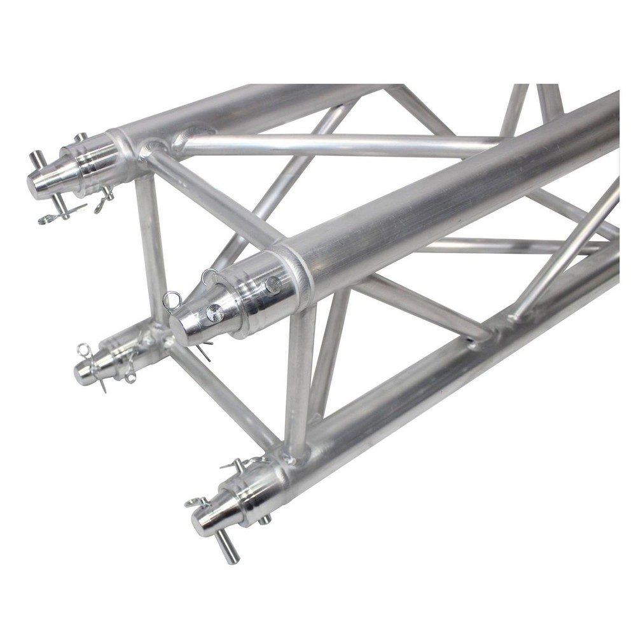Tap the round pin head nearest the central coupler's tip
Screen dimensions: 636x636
coord(214,313)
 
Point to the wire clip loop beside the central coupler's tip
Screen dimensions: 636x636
coord(170,299)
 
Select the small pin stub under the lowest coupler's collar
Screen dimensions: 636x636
coord(264,518)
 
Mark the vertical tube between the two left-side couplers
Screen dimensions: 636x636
coord(150,248)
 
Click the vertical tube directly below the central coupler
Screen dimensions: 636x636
coord(299,382)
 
